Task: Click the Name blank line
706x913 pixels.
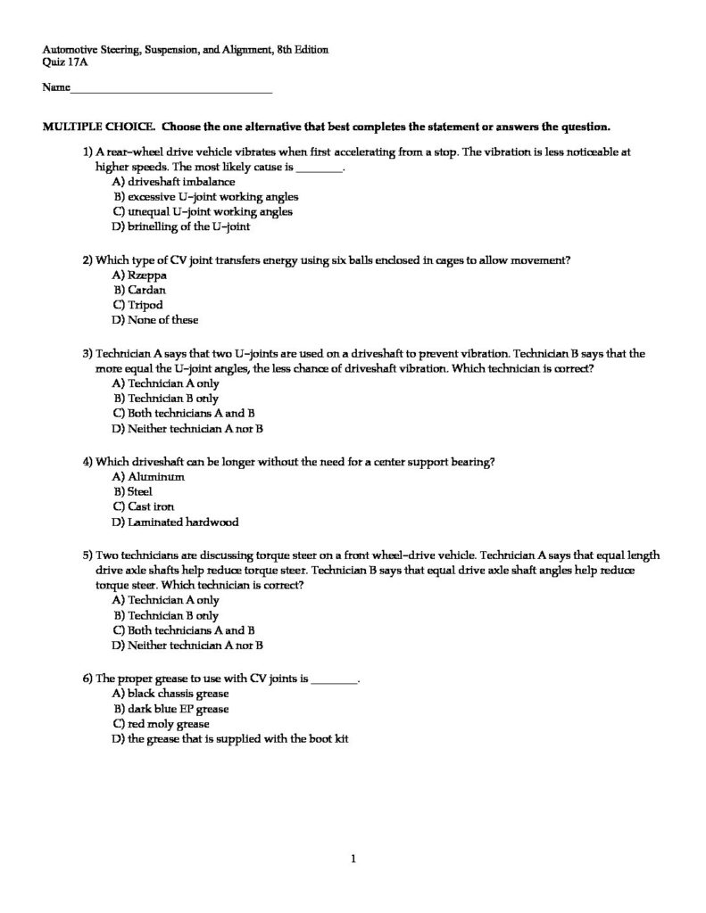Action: click(170, 91)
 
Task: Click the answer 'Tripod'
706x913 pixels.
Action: click(145, 305)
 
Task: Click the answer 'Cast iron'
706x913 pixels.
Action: click(151, 506)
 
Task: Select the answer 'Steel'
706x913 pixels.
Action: click(140, 491)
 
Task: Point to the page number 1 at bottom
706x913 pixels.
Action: click(354, 859)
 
